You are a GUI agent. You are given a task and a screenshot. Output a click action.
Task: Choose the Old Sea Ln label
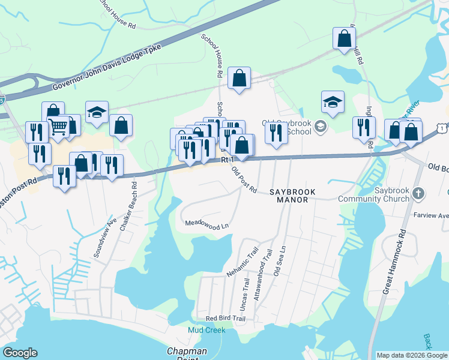click(x=278, y=263)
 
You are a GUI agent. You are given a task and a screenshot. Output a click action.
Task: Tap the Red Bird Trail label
click(x=226, y=319)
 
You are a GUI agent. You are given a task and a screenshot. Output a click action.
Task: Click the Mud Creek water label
click(x=206, y=330)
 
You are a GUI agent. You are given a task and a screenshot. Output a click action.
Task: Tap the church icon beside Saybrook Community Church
click(x=420, y=194)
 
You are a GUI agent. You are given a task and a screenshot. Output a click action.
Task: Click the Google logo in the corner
click(x=20, y=353)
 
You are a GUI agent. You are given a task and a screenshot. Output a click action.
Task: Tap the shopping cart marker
click(x=59, y=127)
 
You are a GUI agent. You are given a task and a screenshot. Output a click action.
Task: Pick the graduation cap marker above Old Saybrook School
click(x=332, y=102)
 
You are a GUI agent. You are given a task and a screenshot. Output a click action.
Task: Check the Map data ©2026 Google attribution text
click(x=412, y=355)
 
